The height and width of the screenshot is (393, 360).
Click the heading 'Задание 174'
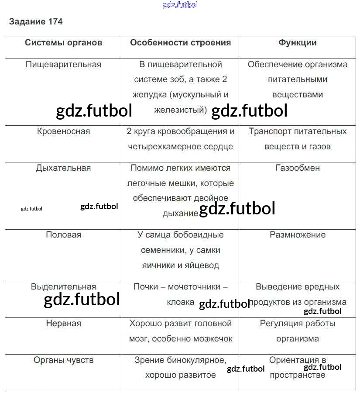(x=36, y=21)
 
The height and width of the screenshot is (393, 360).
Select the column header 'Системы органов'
(x=64, y=42)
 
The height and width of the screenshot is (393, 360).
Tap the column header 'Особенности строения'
(x=180, y=42)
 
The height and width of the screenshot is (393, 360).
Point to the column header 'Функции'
(x=298, y=42)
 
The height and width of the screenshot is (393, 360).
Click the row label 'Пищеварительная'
(x=64, y=65)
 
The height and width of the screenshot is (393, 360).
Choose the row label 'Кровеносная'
(x=64, y=131)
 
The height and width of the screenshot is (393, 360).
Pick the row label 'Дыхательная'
(x=64, y=168)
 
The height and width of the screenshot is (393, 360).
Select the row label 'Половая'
(x=64, y=235)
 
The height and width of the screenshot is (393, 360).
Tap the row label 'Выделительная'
(x=64, y=287)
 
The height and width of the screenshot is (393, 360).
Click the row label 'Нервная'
(x=64, y=324)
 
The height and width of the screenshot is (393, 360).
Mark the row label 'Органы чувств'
(x=64, y=360)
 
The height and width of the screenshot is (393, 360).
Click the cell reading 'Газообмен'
(x=298, y=168)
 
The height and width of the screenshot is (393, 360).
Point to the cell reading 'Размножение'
(x=298, y=235)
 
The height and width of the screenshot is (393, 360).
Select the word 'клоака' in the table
(x=180, y=302)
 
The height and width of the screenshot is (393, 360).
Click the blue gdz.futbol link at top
(x=180, y=5)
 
